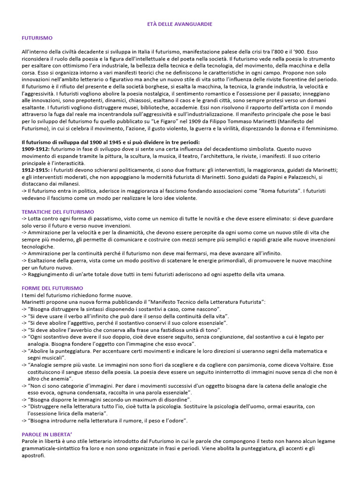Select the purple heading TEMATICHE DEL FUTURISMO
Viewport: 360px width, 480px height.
click(x=58, y=212)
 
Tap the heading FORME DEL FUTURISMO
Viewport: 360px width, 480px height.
click(x=52, y=288)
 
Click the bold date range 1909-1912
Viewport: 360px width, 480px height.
click(x=36, y=149)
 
